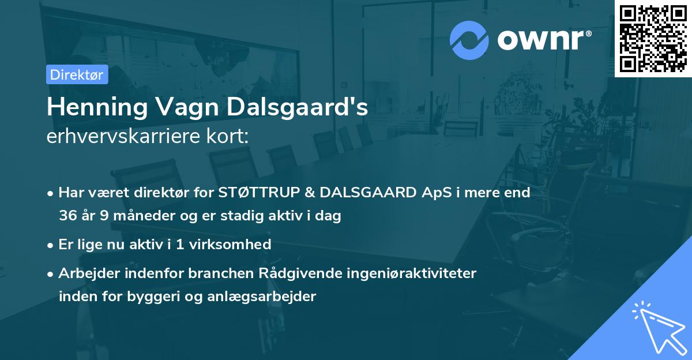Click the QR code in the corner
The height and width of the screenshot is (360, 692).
click(x=653, y=38)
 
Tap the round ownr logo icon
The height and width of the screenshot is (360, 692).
click(x=469, y=40)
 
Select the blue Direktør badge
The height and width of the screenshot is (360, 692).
click(x=77, y=74)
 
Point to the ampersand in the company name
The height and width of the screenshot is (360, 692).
click(x=303, y=193)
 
